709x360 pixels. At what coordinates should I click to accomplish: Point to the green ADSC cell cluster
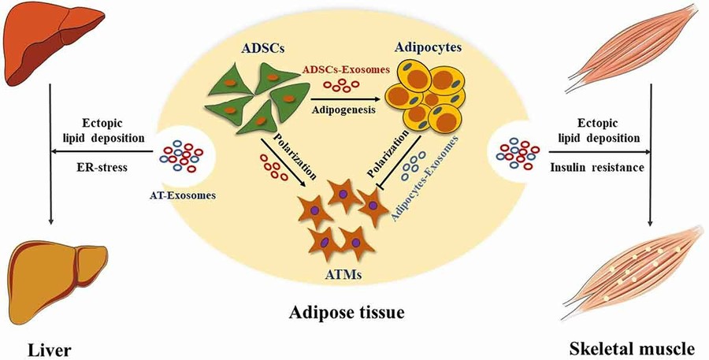tap(251, 105)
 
